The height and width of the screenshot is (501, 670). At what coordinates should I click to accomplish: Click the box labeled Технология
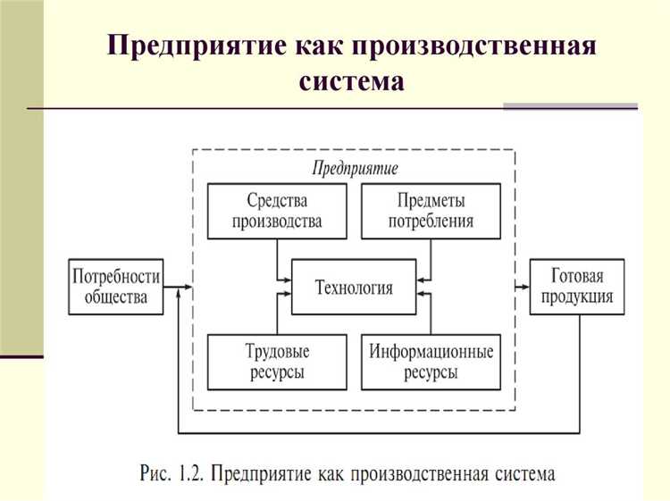coord(354,287)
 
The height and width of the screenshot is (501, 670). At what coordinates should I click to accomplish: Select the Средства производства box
coord(276,211)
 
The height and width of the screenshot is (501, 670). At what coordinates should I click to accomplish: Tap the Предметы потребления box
coord(431,211)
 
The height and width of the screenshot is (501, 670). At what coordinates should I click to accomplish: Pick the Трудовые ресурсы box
coord(276,362)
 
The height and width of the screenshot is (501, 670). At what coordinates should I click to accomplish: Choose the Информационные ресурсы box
coord(431,362)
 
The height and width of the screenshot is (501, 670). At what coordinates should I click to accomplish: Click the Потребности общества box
coord(116,287)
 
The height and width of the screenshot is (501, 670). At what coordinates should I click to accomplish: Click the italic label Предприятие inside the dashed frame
coord(354,167)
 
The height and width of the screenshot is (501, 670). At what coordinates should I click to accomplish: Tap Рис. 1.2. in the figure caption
coord(175,472)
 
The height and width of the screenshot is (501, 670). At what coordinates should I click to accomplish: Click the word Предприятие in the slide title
coord(197,46)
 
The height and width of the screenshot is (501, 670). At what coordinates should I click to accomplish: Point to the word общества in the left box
coord(116,297)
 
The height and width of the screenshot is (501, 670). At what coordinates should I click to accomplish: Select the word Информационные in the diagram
coord(431,351)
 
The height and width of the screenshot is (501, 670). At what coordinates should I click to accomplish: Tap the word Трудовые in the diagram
coord(276,351)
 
